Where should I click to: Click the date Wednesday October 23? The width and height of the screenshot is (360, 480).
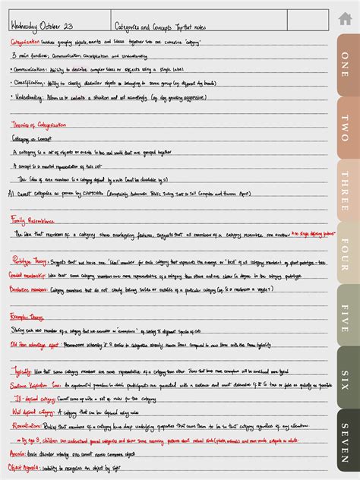tap(42, 26)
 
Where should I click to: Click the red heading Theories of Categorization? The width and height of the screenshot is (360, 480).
tap(38, 125)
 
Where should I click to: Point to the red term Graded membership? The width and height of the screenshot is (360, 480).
tap(27, 276)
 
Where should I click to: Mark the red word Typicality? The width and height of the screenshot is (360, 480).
tap(21, 371)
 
